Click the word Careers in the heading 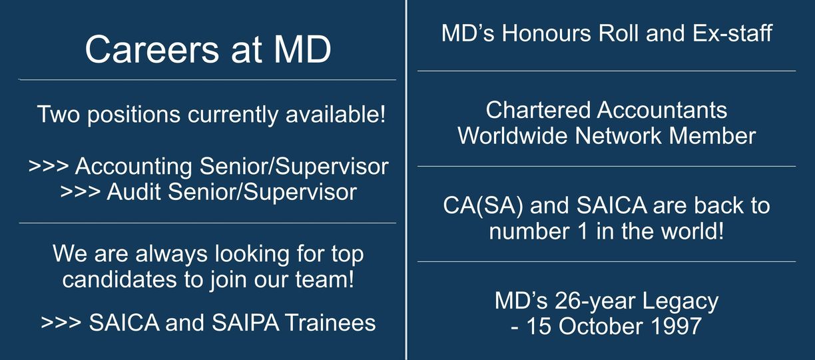point(152,49)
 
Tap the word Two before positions point(58,114)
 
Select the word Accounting point(134,167)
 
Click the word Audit point(134,192)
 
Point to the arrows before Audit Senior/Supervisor point(81,192)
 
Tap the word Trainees point(330,323)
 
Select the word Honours point(547,33)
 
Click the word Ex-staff point(732,33)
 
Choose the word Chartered point(538,110)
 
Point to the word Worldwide point(513,136)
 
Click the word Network point(618,136)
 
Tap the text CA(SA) point(483,206)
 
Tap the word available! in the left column point(335,114)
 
